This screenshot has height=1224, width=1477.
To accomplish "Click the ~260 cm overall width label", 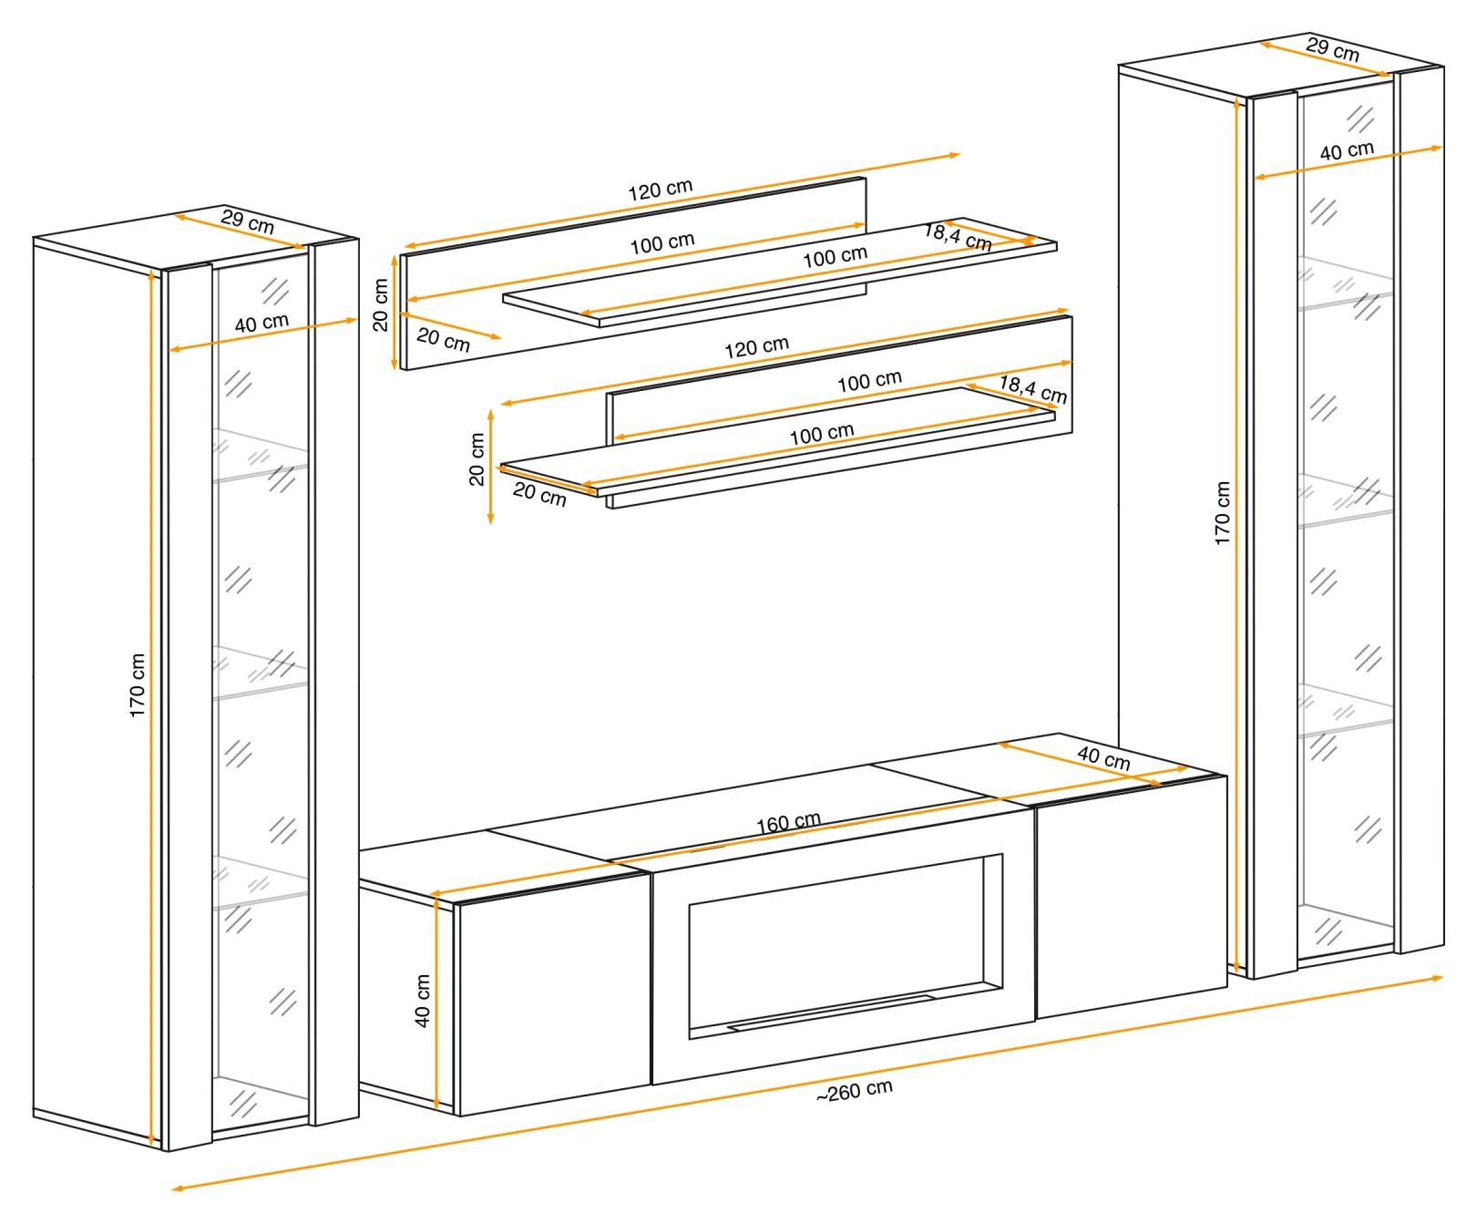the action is [x=854, y=1091].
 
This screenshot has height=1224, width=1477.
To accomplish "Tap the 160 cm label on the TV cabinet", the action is [x=788, y=823].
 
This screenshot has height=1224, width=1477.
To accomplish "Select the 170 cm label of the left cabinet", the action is [x=138, y=685].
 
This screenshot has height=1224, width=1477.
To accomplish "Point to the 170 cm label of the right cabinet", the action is [x=1222, y=513].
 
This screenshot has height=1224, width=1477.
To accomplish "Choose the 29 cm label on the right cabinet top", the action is [x=1332, y=49].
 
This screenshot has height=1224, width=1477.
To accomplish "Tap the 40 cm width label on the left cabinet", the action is [x=262, y=324].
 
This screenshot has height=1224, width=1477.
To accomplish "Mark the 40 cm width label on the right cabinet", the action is [x=1347, y=151].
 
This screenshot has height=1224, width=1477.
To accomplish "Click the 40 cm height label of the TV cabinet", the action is [x=423, y=1001].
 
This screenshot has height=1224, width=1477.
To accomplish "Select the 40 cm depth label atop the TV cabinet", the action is [x=1103, y=757].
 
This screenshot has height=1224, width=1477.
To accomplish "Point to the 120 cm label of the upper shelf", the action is [x=661, y=190].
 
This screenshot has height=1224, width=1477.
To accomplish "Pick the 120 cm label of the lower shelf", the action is [x=756, y=347].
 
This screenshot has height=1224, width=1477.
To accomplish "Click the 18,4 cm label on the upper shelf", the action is [x=958, y=236].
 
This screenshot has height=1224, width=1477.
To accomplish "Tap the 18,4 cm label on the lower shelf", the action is [x=1033, y=388].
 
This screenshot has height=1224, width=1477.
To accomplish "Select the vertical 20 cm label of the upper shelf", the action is [x=381, y=304].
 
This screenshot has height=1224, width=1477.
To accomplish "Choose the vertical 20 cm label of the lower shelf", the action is [x=477, y=459].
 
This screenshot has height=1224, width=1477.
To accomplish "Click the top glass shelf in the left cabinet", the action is [x=261, y=454].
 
